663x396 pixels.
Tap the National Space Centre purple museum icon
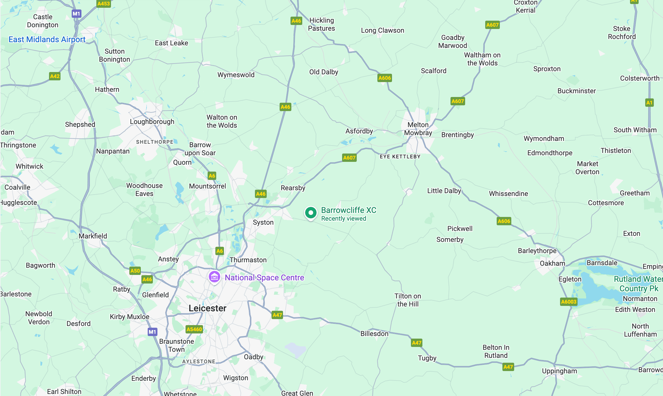point(214,277)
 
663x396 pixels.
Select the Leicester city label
point(207,308)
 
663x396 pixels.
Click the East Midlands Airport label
point(47,39)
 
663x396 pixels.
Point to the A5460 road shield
point(194,329)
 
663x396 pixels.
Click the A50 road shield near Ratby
point(135,271)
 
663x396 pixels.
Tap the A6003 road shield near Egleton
point(568,302)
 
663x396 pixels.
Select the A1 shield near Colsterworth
point(649,102)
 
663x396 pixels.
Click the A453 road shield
point(104,4)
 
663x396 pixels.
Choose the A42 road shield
point(55,76)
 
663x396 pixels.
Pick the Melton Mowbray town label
point(418,129)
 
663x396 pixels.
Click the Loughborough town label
point(152,121)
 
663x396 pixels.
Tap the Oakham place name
point(552,263)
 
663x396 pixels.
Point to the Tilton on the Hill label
point(407,300)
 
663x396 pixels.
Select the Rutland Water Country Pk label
point(638,284)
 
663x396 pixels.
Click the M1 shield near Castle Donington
point(76,13)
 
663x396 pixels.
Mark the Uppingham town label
point(559,371)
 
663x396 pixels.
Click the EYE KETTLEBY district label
point(400,156)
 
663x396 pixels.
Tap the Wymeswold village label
point(236,75)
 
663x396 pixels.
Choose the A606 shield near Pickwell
point(504,221)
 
